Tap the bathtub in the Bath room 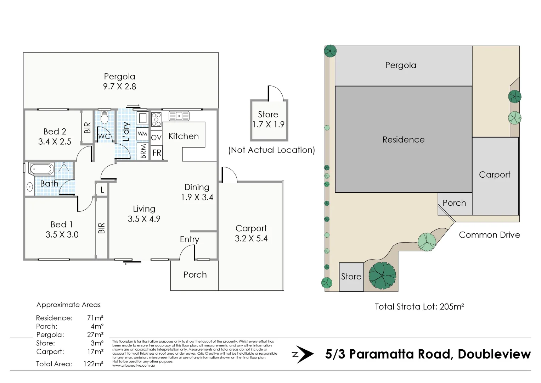41,169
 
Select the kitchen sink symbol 179,116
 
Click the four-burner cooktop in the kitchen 156,120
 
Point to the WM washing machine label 142,134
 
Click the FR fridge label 157,153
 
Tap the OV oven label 156,138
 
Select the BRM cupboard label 143,151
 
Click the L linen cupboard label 102,190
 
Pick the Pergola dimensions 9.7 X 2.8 119,87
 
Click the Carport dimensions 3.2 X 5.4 251,239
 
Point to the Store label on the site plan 351,276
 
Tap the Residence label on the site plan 403,139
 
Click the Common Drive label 489,235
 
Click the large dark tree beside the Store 382,276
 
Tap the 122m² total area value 94,363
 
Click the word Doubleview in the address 494,354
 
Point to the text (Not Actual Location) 271,150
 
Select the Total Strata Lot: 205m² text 419,307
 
